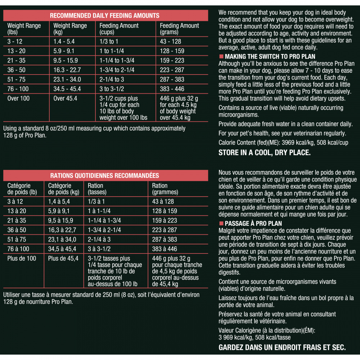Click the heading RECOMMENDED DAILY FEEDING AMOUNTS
(x=105, y=16)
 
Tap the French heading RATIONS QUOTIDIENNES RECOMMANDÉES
(x=105, y=176)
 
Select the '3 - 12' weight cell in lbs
(x=15, y=41)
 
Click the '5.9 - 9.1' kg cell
(x=64, y=51)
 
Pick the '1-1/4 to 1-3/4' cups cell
(x=117, y=60)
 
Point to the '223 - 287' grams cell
(x=172, y=70)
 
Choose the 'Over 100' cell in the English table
(x=19, y=98)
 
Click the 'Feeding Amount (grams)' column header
(x=179, y=29)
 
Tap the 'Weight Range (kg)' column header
(x=70, y=29)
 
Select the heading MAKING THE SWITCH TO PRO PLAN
(x=270, y=57)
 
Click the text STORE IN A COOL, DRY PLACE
(x=264, y=153)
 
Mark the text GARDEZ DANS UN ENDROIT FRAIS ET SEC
(x=282, y=347)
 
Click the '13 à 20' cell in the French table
(x=17, y=211)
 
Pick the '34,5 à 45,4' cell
(x=62, y=249)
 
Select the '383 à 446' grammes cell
(x=165, y=249)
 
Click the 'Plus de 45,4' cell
(x=63, y=258)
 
